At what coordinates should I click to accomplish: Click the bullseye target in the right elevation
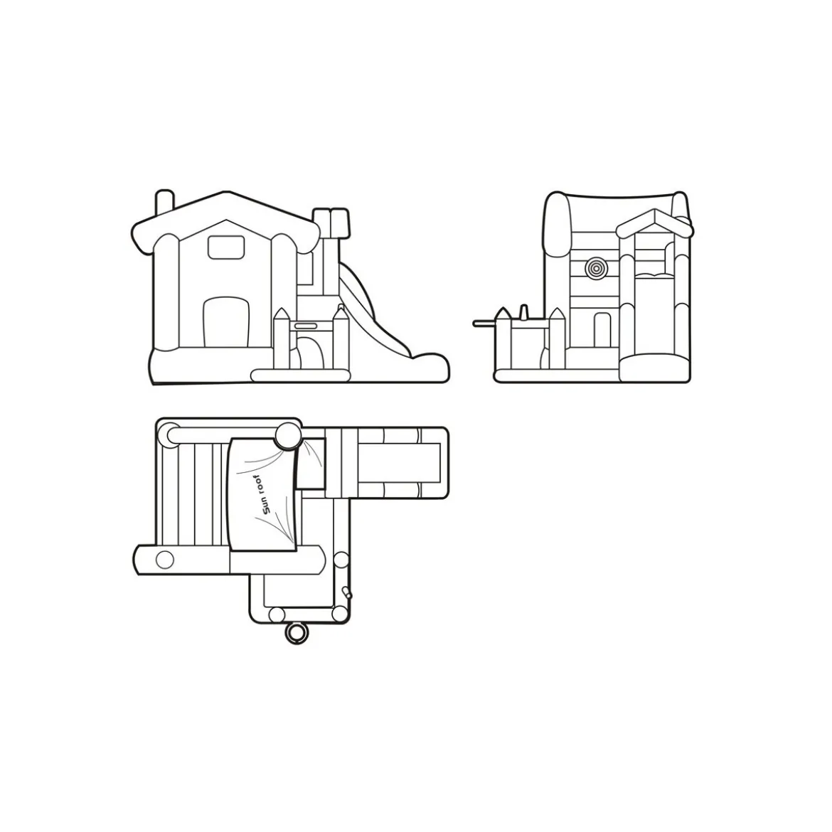[x=596, y=269]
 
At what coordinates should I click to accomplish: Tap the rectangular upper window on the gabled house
[x=226, y=247]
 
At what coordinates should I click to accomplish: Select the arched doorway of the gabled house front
[x=226, y=322]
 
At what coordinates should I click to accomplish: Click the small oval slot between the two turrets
[x=306, y=325]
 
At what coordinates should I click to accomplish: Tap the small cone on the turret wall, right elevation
[x=523, y=312]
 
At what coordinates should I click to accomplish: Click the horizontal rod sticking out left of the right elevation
[x=484, y=322]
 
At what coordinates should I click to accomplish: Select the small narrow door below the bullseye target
[x=602, y=329]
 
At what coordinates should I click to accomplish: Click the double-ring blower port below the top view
[x=296, y=633]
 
